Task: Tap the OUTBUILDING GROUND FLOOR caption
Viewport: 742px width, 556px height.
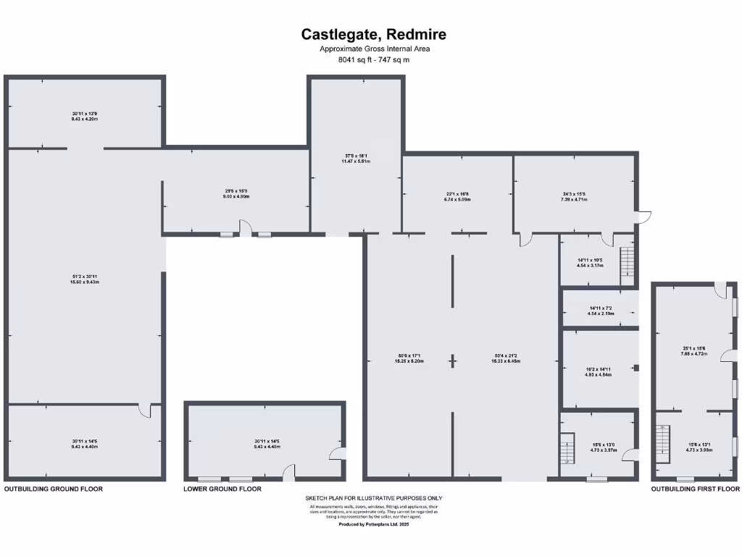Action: (x=54, y=489)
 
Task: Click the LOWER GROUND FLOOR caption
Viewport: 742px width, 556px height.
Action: (x=222, y=489)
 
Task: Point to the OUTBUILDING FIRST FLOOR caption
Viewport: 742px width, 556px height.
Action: (x=695, y=489)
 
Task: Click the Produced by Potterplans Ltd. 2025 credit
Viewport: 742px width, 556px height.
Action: (x=373, y=524)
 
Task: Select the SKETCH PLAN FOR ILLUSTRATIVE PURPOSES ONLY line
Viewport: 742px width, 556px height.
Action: (x=373, y=498)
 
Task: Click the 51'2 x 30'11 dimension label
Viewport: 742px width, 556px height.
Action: (x=85, y=279)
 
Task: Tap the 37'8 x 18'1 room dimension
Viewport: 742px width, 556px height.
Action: (x=356, y=159)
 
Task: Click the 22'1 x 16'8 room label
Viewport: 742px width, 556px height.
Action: (x=458, y=195)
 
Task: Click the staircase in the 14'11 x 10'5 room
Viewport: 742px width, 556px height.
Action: (x=628, y=265)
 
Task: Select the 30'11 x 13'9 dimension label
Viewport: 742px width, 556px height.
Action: (x=85, y=116)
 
